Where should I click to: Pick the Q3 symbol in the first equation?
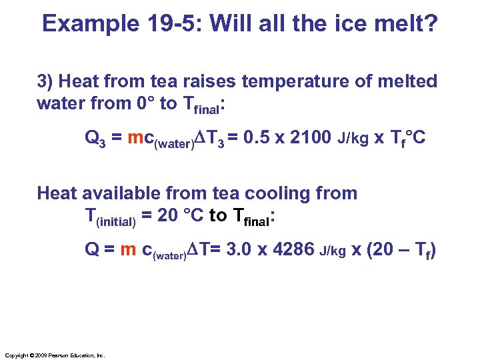93,139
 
